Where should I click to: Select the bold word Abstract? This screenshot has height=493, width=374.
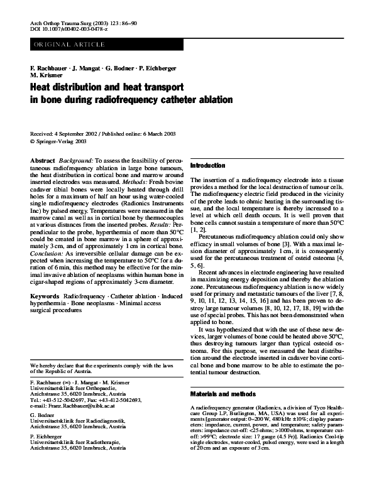pyautogui.click(x=43, y=161)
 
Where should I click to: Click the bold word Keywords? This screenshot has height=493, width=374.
pyautogui.click(x=45, y=295)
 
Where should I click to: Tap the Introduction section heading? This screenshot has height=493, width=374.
pyautogui.click(x=207, y=166)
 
